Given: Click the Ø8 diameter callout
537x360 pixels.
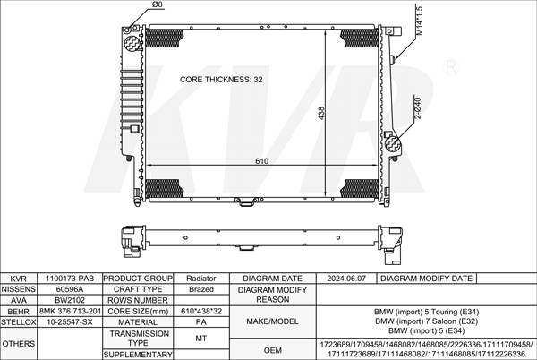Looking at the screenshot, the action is (157, 4).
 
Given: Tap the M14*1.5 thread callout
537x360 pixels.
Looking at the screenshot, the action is (419, 21).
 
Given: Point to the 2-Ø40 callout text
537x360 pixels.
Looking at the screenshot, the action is (418, 107).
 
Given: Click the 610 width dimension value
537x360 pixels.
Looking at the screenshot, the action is (261, 161).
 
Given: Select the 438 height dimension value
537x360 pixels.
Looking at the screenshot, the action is (321, 113).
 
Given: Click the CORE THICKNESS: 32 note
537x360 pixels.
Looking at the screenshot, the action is (221, 80).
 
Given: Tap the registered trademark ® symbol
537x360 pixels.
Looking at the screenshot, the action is (451, 67).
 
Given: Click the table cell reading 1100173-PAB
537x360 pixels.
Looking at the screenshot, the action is (70, 279).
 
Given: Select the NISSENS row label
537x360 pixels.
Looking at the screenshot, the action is (19, 289).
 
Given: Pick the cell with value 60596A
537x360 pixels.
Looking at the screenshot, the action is (70, 289).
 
